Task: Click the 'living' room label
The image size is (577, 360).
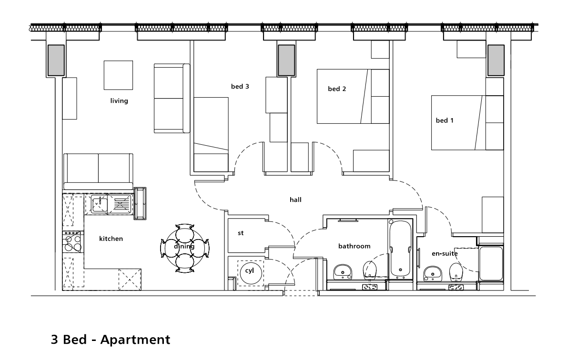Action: point(119,101)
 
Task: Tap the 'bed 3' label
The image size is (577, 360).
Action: point(240,87)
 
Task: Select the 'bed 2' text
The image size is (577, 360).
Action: point(337,89)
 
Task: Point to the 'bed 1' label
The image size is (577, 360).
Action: point(445,120)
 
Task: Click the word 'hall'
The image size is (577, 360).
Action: point(295,200)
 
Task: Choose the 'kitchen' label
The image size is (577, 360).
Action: point(111,239)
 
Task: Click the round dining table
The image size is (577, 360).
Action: point(184,247)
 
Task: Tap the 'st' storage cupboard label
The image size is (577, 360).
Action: point(241,233)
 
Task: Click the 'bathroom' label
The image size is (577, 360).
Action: point(354,246)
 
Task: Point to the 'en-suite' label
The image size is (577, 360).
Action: point(444,253)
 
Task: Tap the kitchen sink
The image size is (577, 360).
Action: point(99,204)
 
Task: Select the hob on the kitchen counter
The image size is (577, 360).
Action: point(73,243)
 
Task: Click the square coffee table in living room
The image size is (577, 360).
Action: point(119,75)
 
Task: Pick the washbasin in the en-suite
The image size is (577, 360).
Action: point(432,273)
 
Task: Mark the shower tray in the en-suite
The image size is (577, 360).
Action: point(491,263)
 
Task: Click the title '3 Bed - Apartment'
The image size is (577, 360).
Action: point(110,340)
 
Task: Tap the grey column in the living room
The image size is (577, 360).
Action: point(55,60)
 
